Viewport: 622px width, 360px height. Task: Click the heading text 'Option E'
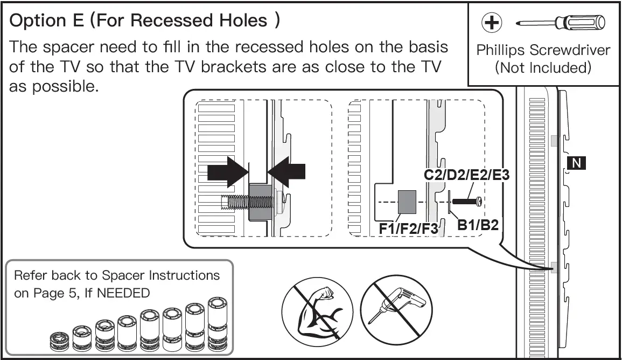tap(46, 20)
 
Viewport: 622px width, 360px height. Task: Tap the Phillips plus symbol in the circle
tap(492, 22)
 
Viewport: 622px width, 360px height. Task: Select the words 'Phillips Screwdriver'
tap(543, 51)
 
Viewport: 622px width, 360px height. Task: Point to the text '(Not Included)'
tap(543, 67)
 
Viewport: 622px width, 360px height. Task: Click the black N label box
tap(576, 163)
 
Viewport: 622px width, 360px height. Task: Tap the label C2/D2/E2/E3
tap(466, 174)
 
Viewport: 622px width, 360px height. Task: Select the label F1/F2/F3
tap(409, 229)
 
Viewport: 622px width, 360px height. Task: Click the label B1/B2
tap(478, 225)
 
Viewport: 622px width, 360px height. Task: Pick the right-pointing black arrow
tap(228, 171)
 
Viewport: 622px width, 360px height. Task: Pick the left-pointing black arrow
tap(286, 171)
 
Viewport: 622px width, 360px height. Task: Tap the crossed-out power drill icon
tap(396, 310)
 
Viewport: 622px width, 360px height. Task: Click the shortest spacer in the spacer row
tap(59, 342)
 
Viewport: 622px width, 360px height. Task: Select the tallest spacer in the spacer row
tap(218, 324)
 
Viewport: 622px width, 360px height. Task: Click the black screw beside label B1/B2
tap(467, 202)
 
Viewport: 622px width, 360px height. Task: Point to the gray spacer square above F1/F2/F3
tap(407, 202)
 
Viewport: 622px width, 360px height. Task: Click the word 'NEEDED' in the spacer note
tap(123, 293)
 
